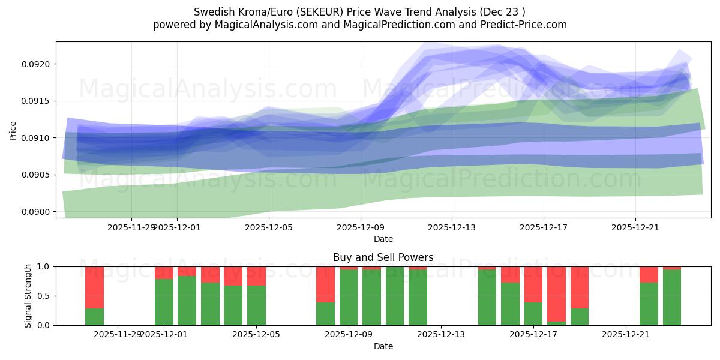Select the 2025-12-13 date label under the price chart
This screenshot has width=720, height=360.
(x=452, y=227)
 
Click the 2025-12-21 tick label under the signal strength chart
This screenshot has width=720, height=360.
(x=626, y=334)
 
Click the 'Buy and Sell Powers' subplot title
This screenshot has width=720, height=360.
(x=383, y=257)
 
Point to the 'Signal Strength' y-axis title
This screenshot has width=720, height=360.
(x=28, y=296)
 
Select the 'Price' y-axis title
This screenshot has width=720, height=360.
(x=13, y=130)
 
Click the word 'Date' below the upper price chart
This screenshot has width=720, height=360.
(x=383, y=239)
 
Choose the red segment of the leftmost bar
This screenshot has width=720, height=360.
(x=94, y=287)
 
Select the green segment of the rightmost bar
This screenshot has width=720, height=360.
(x=672, y=297)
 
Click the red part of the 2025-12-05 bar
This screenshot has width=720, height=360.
(x=256, y=276)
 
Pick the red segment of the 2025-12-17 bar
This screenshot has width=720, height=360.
(x=533, y=284)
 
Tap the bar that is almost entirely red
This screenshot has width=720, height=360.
(x=556, y=294)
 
